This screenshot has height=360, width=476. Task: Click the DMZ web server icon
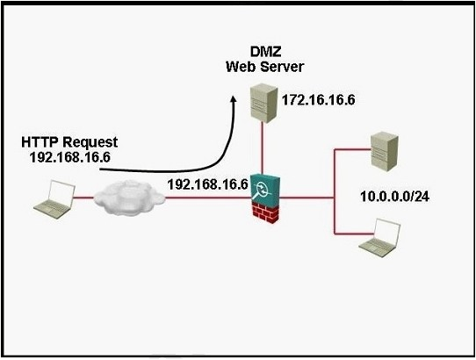(263, 104)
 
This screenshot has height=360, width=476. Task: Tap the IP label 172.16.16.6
(319, 99)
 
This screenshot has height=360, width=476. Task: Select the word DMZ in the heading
(265, 52)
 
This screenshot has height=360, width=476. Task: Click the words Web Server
(264, 67)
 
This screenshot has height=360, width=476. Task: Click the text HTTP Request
(69, 142)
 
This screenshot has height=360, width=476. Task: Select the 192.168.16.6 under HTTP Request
(70, 157)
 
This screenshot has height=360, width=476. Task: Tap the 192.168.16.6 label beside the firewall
(207, 184)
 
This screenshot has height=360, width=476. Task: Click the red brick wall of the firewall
(266, 212)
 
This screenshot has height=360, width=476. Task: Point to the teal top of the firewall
(264, 188)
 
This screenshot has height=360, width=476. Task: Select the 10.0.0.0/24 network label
(394, 197)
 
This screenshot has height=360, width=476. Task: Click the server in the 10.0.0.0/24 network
(385, 152)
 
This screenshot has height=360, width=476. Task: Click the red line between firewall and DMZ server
(262, 148)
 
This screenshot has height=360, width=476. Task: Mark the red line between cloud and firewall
(208, 198)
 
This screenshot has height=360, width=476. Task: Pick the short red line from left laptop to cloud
(83, 198)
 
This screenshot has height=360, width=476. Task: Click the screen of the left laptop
(62, 191)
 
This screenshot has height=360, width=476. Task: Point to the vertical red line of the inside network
(335, 191)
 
